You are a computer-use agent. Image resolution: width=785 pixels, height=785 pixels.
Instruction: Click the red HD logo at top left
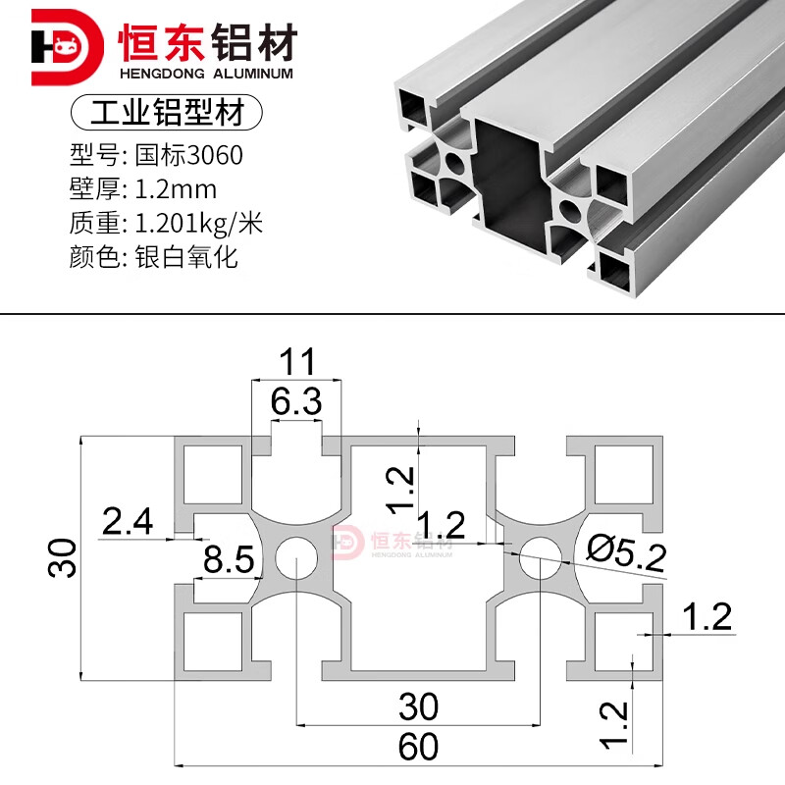pos(67,47)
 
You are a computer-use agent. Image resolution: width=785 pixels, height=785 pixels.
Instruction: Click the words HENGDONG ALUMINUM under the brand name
pos(206,74)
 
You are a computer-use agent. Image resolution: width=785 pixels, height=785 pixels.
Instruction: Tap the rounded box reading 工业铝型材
pos(167,112)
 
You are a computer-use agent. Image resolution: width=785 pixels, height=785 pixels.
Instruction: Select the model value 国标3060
pos(188,155)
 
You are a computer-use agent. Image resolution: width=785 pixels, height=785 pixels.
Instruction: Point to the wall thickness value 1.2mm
pos(176,189)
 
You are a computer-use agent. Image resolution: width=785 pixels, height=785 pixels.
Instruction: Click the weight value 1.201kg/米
pos(199,224)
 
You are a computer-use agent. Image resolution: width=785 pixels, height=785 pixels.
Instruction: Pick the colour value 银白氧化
pos(186,258)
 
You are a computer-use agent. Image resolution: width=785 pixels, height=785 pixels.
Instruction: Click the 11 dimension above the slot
pos(297,361)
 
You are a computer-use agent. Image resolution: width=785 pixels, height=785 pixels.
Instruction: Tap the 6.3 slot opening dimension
pos(296,401)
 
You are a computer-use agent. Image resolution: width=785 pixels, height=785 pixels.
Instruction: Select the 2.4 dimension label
pos(128,521)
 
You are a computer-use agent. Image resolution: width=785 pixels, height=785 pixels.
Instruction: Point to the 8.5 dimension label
pos(229,559)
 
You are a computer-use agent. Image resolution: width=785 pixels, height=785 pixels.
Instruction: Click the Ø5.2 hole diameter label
pos(626,553)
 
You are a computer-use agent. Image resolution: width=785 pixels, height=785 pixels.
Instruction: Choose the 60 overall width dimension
pos(418,747)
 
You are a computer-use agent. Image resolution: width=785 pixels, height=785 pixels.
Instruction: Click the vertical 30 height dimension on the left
pos(62,558)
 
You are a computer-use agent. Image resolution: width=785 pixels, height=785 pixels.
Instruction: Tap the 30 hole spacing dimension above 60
pos(419,706)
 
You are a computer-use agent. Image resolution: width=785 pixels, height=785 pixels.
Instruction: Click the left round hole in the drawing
pos(296,557)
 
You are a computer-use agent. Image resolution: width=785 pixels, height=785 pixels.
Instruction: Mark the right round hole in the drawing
pos(541,557)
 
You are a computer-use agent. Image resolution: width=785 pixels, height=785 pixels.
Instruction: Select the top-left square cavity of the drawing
pos(213,474)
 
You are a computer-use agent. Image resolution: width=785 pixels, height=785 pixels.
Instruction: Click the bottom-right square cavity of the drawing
pos(624,642)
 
